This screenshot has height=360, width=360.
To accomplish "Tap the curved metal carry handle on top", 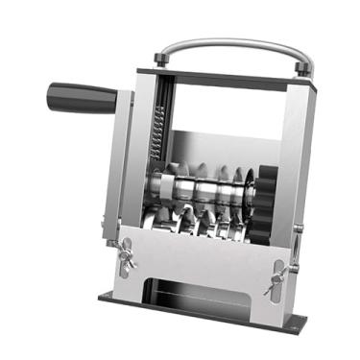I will [x=234, y=42].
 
